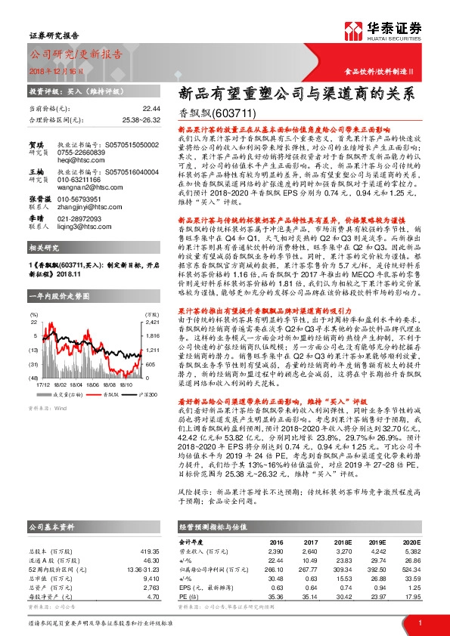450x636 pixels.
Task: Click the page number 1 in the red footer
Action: click(419, 622)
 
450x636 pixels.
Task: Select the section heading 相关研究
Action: click(42, 249)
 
